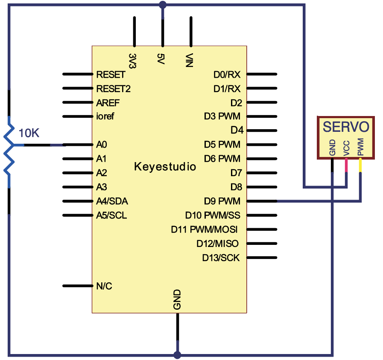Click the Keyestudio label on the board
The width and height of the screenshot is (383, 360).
pos(165,167)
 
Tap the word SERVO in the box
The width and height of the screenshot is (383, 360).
pos(346,127)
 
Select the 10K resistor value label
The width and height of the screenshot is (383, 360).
pos(29,133)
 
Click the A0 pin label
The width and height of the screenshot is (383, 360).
pos(101,145)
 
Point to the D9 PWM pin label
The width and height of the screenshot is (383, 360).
pos(222,201)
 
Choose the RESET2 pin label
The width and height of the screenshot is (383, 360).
pos(113,89)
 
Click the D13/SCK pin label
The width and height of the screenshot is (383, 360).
pos(221,258)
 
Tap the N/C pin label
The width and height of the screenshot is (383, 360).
pos(104,286)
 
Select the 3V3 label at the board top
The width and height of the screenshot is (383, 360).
pos(132,61)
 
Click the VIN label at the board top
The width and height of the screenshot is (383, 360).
pos(189,60)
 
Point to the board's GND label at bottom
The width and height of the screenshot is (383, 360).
pos(177,299)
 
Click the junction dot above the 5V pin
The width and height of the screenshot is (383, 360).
pos(163,5)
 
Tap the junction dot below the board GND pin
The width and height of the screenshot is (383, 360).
pos(177,355)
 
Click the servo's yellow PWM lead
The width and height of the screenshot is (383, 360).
pos(360,165)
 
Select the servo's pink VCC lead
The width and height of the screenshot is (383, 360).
pos(346,165)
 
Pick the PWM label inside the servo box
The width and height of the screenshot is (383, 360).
pos(360,147)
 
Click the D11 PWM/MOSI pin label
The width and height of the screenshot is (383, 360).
pos(204,229)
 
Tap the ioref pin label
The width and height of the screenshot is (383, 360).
pos(105,116)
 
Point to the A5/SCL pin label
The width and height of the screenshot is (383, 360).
pos(111,215)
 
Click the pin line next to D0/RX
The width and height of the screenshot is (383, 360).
pos(262,74)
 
